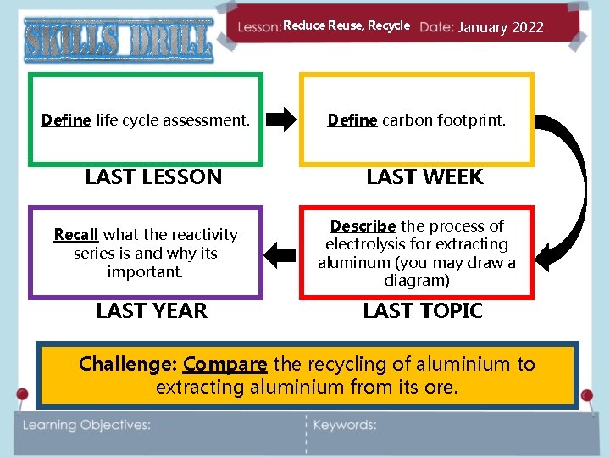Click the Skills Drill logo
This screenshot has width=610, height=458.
[119, 39]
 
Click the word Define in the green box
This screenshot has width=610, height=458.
[66, 120]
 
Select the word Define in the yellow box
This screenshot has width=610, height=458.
[352, 120]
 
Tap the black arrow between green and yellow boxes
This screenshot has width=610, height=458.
[281, 120]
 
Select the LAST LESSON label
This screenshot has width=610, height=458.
[153, 177]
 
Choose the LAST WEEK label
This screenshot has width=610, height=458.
[424, 177]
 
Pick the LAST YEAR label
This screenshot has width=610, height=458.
[152, 311]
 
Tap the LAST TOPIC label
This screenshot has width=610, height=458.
[423, 311]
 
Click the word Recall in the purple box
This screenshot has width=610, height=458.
[76, 234]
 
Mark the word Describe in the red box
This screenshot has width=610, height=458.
[363, 226]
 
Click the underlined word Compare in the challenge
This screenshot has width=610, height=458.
[225, 365]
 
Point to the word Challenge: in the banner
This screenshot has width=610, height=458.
[128, 365]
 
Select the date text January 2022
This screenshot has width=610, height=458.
[501, 27]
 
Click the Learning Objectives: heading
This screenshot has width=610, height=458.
[86, 425]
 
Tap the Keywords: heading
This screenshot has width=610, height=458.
[345, 425]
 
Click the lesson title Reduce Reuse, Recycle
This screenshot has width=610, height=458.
[347, 26]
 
